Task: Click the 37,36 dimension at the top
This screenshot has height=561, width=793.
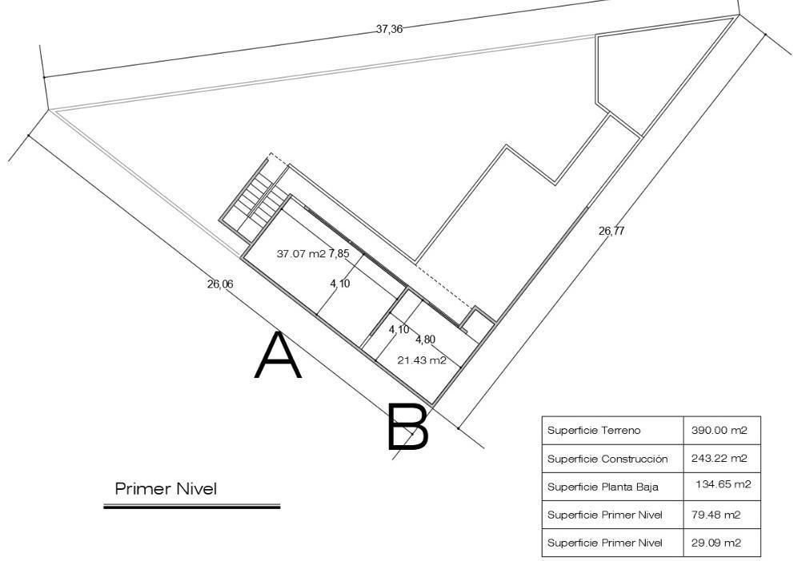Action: click(x=389, y=30)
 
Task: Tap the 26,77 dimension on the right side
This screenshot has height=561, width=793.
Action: click(x=612, y=231)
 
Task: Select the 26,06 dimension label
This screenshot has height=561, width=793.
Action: click(x=220, y=284)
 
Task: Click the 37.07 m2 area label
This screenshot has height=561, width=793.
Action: click(x=301, y=254)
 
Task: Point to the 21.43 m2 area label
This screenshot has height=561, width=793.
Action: click(x=422, y=360)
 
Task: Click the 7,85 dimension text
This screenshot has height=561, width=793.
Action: click(x=339, y=254)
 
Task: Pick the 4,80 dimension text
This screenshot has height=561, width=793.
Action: click(x=425, y=339)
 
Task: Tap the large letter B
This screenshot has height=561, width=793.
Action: click(x=408, y=427)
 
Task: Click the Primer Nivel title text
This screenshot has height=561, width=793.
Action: click(x=166, y=488)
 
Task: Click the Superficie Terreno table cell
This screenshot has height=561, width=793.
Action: click(x=594, y=430)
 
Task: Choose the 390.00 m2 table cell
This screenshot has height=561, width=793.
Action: click(x=719, y=430)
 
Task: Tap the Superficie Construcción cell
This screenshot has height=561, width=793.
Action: click(x=607, y=459)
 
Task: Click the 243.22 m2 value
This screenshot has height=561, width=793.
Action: click(x=719, y=459)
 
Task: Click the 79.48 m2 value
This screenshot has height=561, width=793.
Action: click(x=716, y=515)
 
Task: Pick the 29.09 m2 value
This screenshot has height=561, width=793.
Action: click(x=716, y=543)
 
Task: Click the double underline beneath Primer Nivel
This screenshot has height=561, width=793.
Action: click(x=192, y=506)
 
